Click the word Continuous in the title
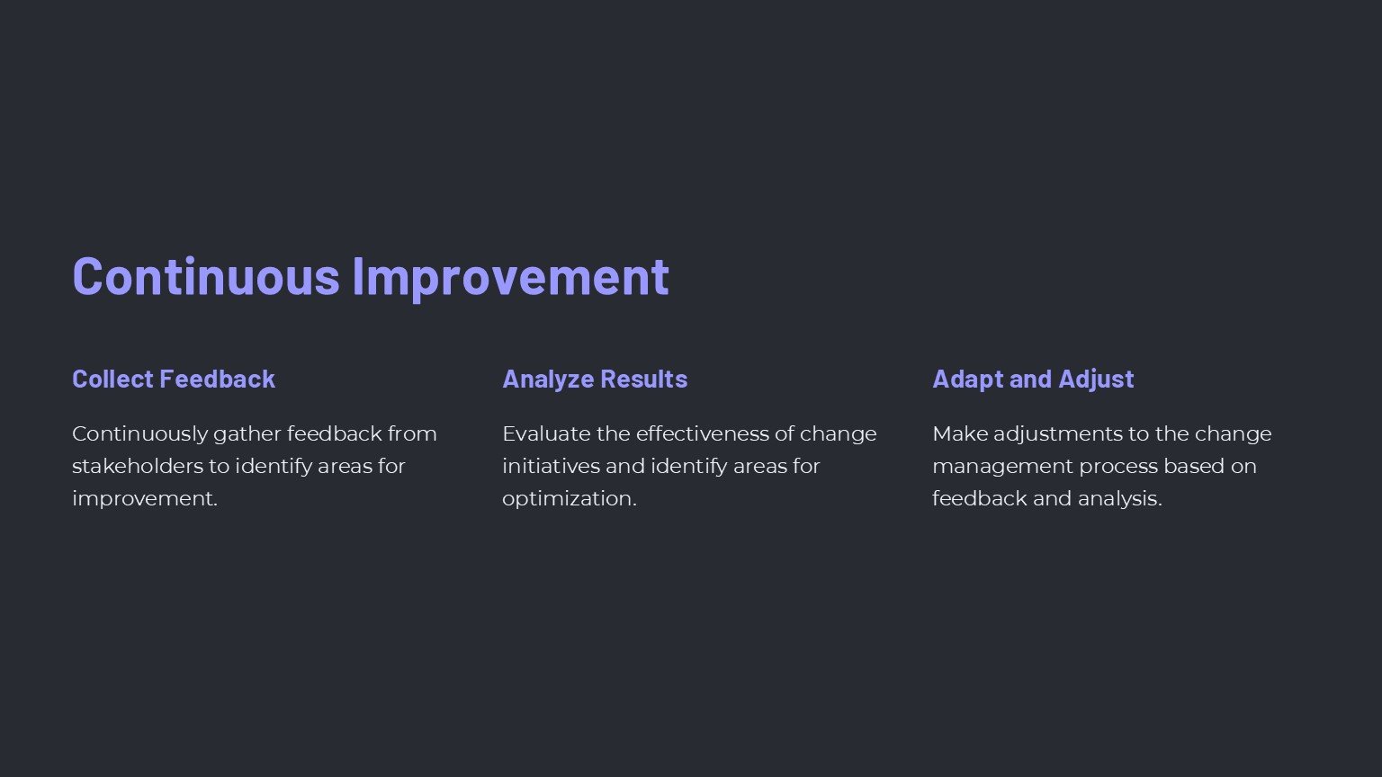[x=206, y=276]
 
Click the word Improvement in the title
[x=511, y=279]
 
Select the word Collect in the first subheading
[x=112, y=379]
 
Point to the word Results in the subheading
[x=643, y=379]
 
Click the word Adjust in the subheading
[x=1097, y=380]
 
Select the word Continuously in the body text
[x=140, y=434]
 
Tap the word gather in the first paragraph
[x=247, y=434]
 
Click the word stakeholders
[x=137, y=466]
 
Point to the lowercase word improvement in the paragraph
[x=145, y=499]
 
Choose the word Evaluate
[x=546, y=434]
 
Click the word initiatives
[x=551, y=466]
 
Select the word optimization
[x=570, y=499]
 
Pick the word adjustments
[x=1057, y=434]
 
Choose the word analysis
[x=1120, y=499]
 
